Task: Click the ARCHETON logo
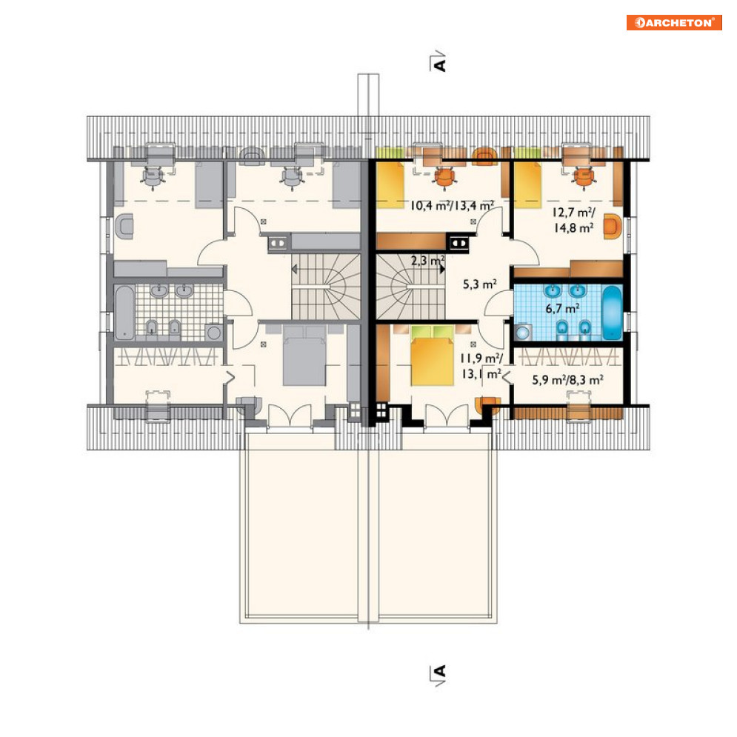674,22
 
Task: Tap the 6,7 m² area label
562,309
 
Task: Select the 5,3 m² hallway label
479,284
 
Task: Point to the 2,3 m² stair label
427,261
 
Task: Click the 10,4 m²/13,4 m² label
452,205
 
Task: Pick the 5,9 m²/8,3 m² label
567,380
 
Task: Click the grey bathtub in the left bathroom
124,313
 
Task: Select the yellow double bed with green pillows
433,356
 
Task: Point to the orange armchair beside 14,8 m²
613,227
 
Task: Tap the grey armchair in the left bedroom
124,227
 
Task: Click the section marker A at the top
438,61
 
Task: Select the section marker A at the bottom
438,676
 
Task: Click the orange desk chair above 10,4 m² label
444,178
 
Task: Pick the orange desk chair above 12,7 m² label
583,178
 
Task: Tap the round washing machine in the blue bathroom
522,333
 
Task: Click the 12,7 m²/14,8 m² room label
573,221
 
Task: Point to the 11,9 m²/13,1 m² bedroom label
481,366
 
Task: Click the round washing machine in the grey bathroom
214,333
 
